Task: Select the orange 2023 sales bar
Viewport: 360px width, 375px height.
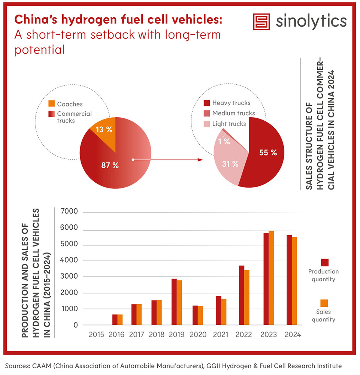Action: tap(271, 278)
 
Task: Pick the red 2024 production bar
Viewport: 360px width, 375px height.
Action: tap(289, 280)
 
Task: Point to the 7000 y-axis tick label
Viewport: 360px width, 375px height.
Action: tap(70, 212)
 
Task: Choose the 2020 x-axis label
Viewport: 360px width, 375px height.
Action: tap(197, 334)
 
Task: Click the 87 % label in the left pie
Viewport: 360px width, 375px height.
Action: tap(110, 165)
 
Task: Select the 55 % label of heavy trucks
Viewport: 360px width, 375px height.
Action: tap(268, 152)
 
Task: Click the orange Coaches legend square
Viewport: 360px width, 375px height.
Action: tap(52, 103)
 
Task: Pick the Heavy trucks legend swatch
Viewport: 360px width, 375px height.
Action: tap(206, 103)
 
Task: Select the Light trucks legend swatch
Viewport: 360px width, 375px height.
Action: tap(206, 124)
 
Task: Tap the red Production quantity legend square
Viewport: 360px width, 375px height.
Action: tap(325, 262)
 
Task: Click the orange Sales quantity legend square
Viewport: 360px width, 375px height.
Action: tap(324, 303)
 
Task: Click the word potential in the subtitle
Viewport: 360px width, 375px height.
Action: tap(40, 49)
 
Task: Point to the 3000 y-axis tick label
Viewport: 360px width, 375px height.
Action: tap(70, 276)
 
